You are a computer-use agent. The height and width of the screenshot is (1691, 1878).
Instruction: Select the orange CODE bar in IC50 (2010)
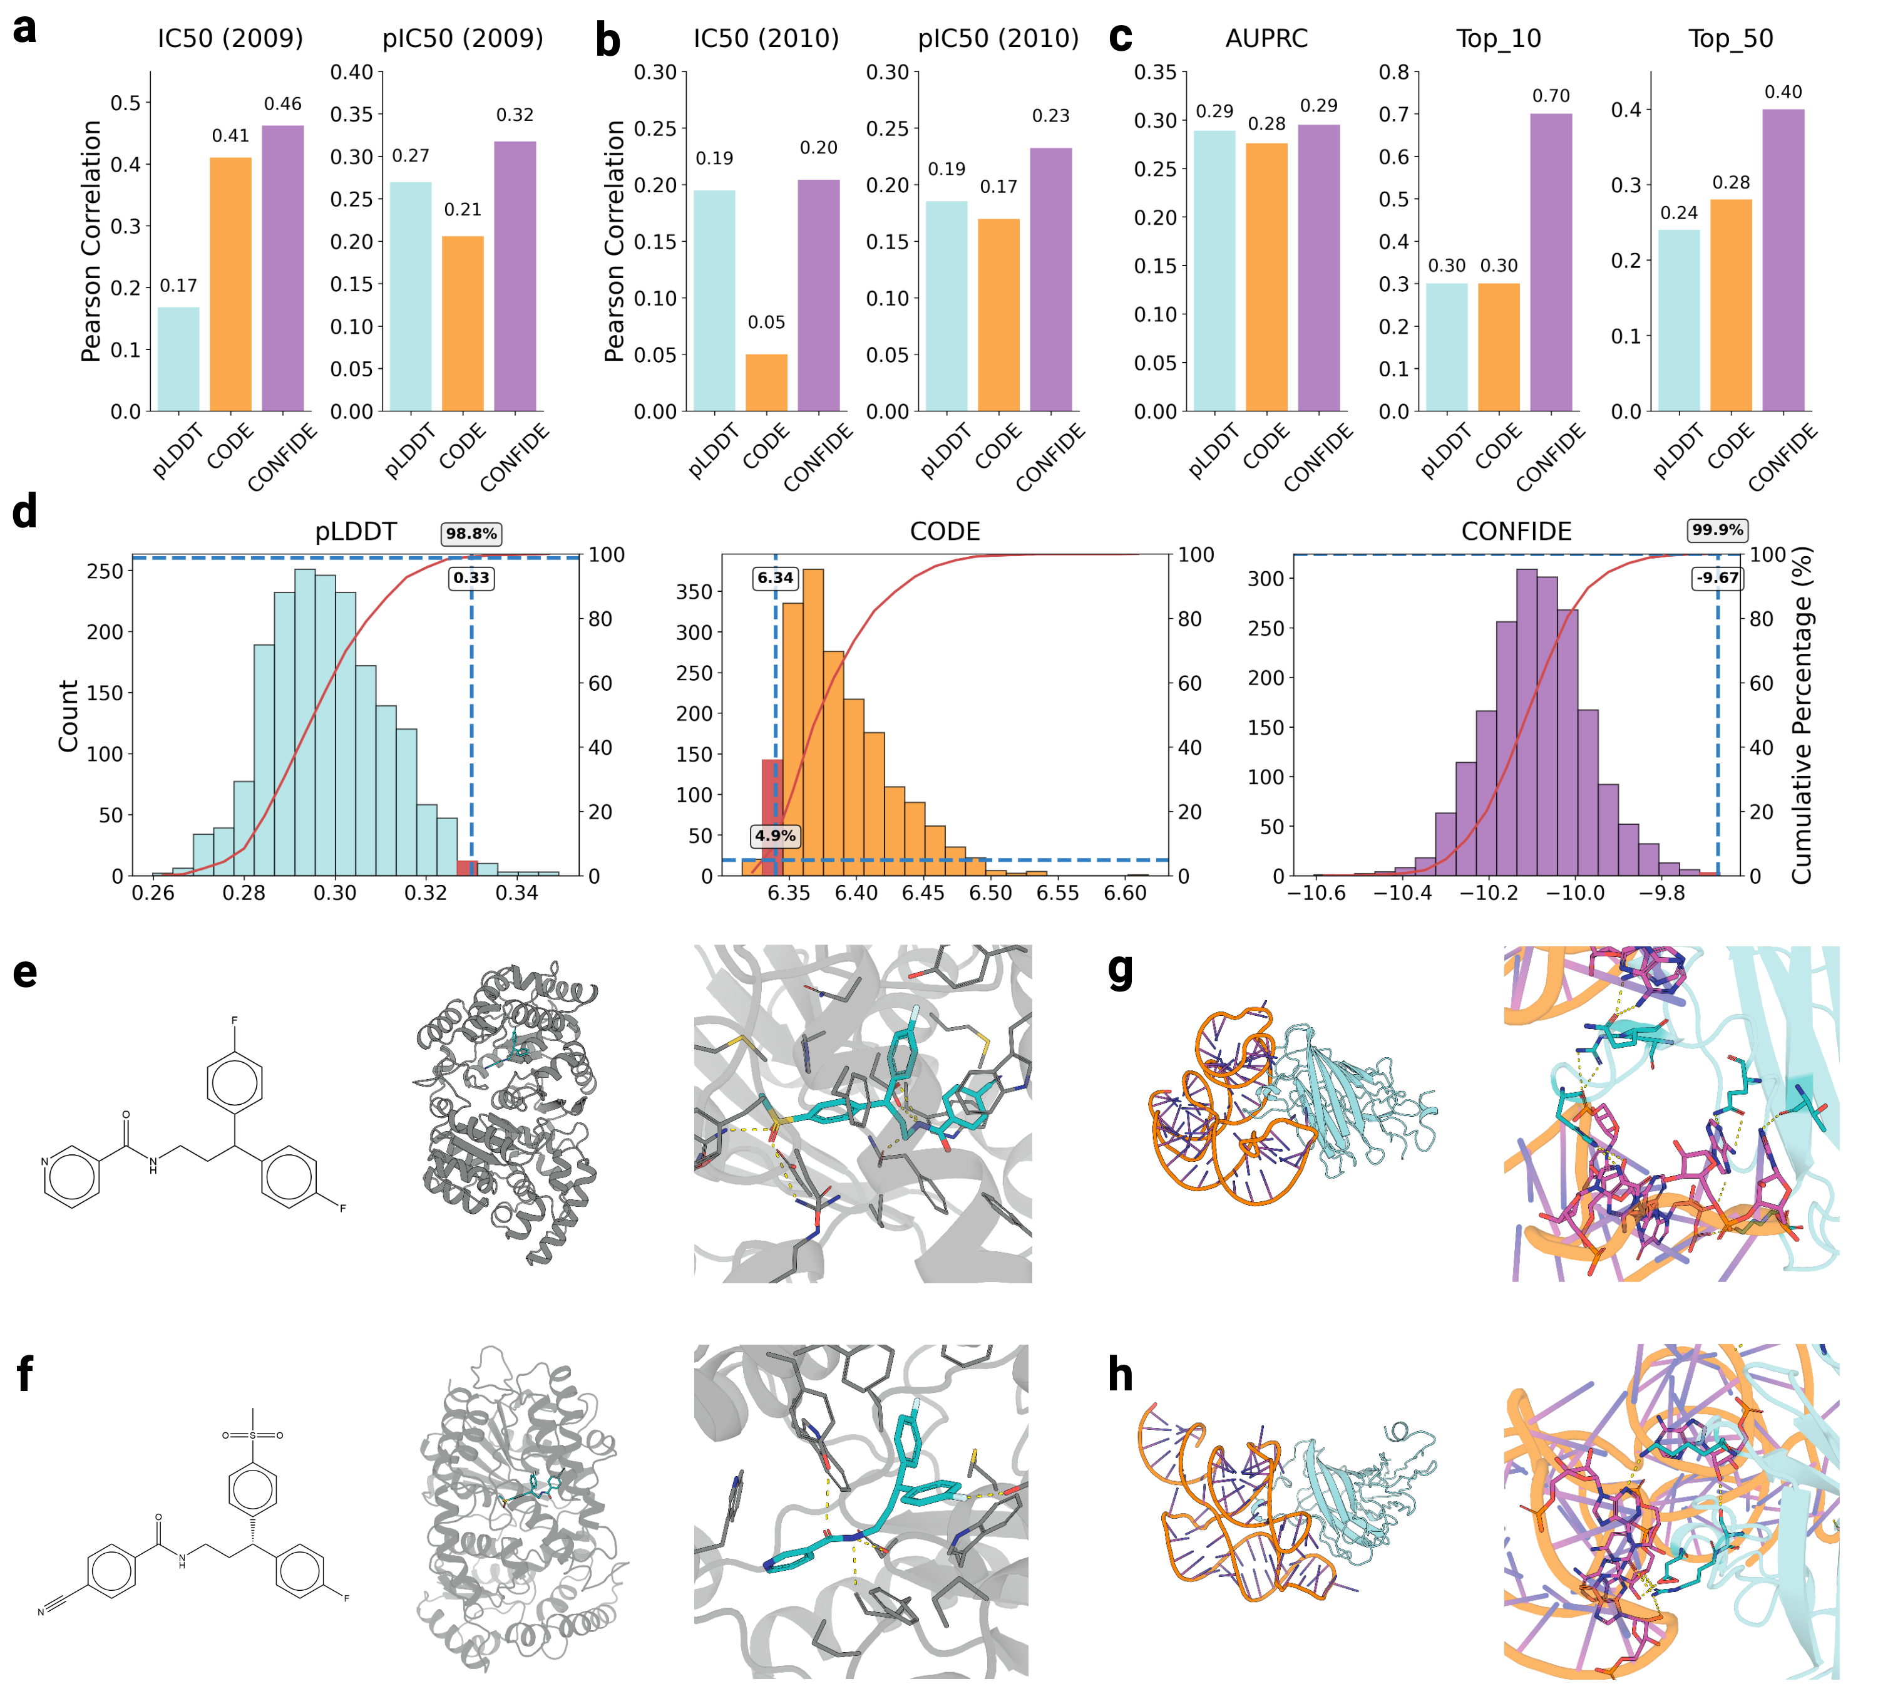coord(766,382)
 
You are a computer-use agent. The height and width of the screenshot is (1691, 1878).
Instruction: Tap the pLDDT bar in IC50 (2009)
coord(178,359)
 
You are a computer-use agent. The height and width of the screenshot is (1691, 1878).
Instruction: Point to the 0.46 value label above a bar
coord(282,104)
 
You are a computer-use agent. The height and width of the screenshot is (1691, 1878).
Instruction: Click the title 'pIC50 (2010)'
coord(998,38)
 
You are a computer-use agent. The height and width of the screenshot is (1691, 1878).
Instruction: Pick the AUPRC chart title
coord(1266,38)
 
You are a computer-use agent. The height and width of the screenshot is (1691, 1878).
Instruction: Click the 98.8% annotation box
coord(471,534)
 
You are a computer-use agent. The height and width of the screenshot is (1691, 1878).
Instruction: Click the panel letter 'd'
coord(25,512)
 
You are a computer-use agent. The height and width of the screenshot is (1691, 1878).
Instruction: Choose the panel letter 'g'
coord(1121,971)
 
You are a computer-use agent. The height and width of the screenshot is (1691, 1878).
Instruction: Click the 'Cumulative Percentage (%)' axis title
coord(1802,715)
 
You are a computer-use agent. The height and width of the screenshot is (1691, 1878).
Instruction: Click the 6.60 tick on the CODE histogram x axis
coord(1125,893)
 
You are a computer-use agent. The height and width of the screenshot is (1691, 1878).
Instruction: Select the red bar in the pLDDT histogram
coord(466,868)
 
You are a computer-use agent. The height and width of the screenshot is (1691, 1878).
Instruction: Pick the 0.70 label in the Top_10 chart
coord(1550,96)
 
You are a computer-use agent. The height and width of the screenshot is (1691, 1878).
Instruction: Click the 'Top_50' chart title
coord(1730,38)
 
